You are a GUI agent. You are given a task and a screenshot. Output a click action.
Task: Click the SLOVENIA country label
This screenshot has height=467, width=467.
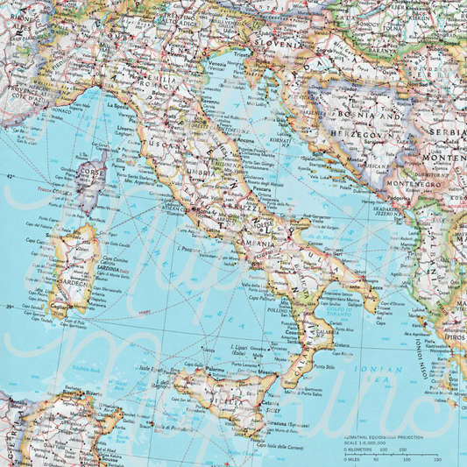point(272,40)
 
